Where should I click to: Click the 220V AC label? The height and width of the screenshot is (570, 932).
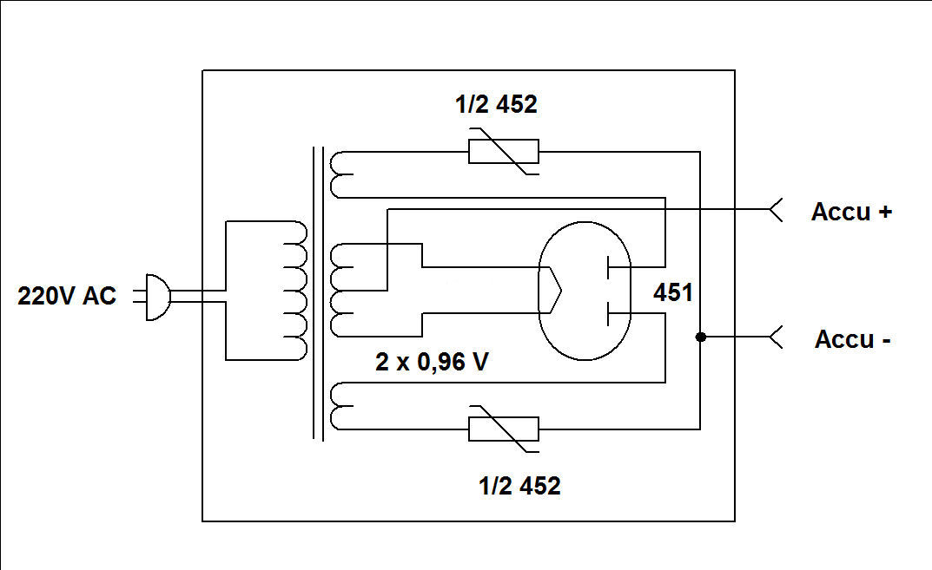67,296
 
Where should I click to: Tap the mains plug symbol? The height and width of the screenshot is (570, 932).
155,298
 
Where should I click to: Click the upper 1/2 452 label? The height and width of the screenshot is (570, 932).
496,105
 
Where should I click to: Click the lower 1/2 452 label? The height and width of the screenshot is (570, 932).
519,486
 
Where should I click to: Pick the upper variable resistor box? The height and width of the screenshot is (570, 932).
503,152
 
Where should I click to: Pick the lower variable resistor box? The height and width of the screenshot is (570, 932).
503,429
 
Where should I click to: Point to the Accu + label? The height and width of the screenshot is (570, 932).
851,212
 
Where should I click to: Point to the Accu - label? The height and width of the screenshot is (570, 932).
852,339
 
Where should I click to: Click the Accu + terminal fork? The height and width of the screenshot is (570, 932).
776,209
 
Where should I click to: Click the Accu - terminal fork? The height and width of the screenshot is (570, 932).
776,337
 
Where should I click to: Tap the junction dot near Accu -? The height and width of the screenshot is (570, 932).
699,337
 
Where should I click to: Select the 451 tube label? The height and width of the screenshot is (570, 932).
673,293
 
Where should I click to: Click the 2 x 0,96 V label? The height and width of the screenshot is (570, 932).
432,363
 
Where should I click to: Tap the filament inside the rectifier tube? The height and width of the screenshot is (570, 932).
551,290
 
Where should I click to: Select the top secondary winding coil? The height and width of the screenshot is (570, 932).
340,174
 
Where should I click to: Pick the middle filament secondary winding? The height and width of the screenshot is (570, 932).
341,291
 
